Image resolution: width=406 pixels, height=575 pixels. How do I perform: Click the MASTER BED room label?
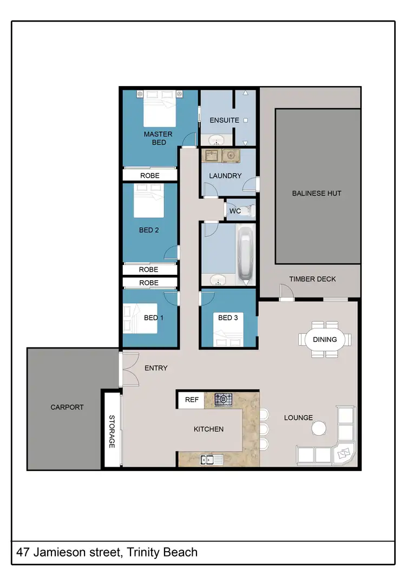tap(158, 138)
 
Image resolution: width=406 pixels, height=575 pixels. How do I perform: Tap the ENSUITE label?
tap(224, 120)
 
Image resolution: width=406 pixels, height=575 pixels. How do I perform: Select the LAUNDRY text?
tap(225, 176)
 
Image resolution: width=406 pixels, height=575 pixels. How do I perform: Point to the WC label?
tap(235, 211)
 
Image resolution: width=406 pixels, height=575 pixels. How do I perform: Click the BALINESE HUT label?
tap(317, 193)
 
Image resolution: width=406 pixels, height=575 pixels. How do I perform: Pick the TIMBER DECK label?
tap(312, 279)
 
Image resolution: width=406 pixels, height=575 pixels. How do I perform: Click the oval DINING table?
tap(325, 340)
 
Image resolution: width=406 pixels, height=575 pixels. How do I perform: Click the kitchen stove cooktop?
tap(223, 400)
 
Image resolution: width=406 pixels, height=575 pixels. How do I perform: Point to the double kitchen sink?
tap(208, 460)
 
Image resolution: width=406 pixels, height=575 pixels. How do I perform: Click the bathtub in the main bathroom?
tap(245, 255)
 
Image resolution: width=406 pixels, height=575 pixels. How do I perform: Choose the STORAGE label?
tap(112, 431)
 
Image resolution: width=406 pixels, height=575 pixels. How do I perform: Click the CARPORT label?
tap(67, 407)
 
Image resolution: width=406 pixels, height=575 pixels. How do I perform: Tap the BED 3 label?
tap(228, 318)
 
